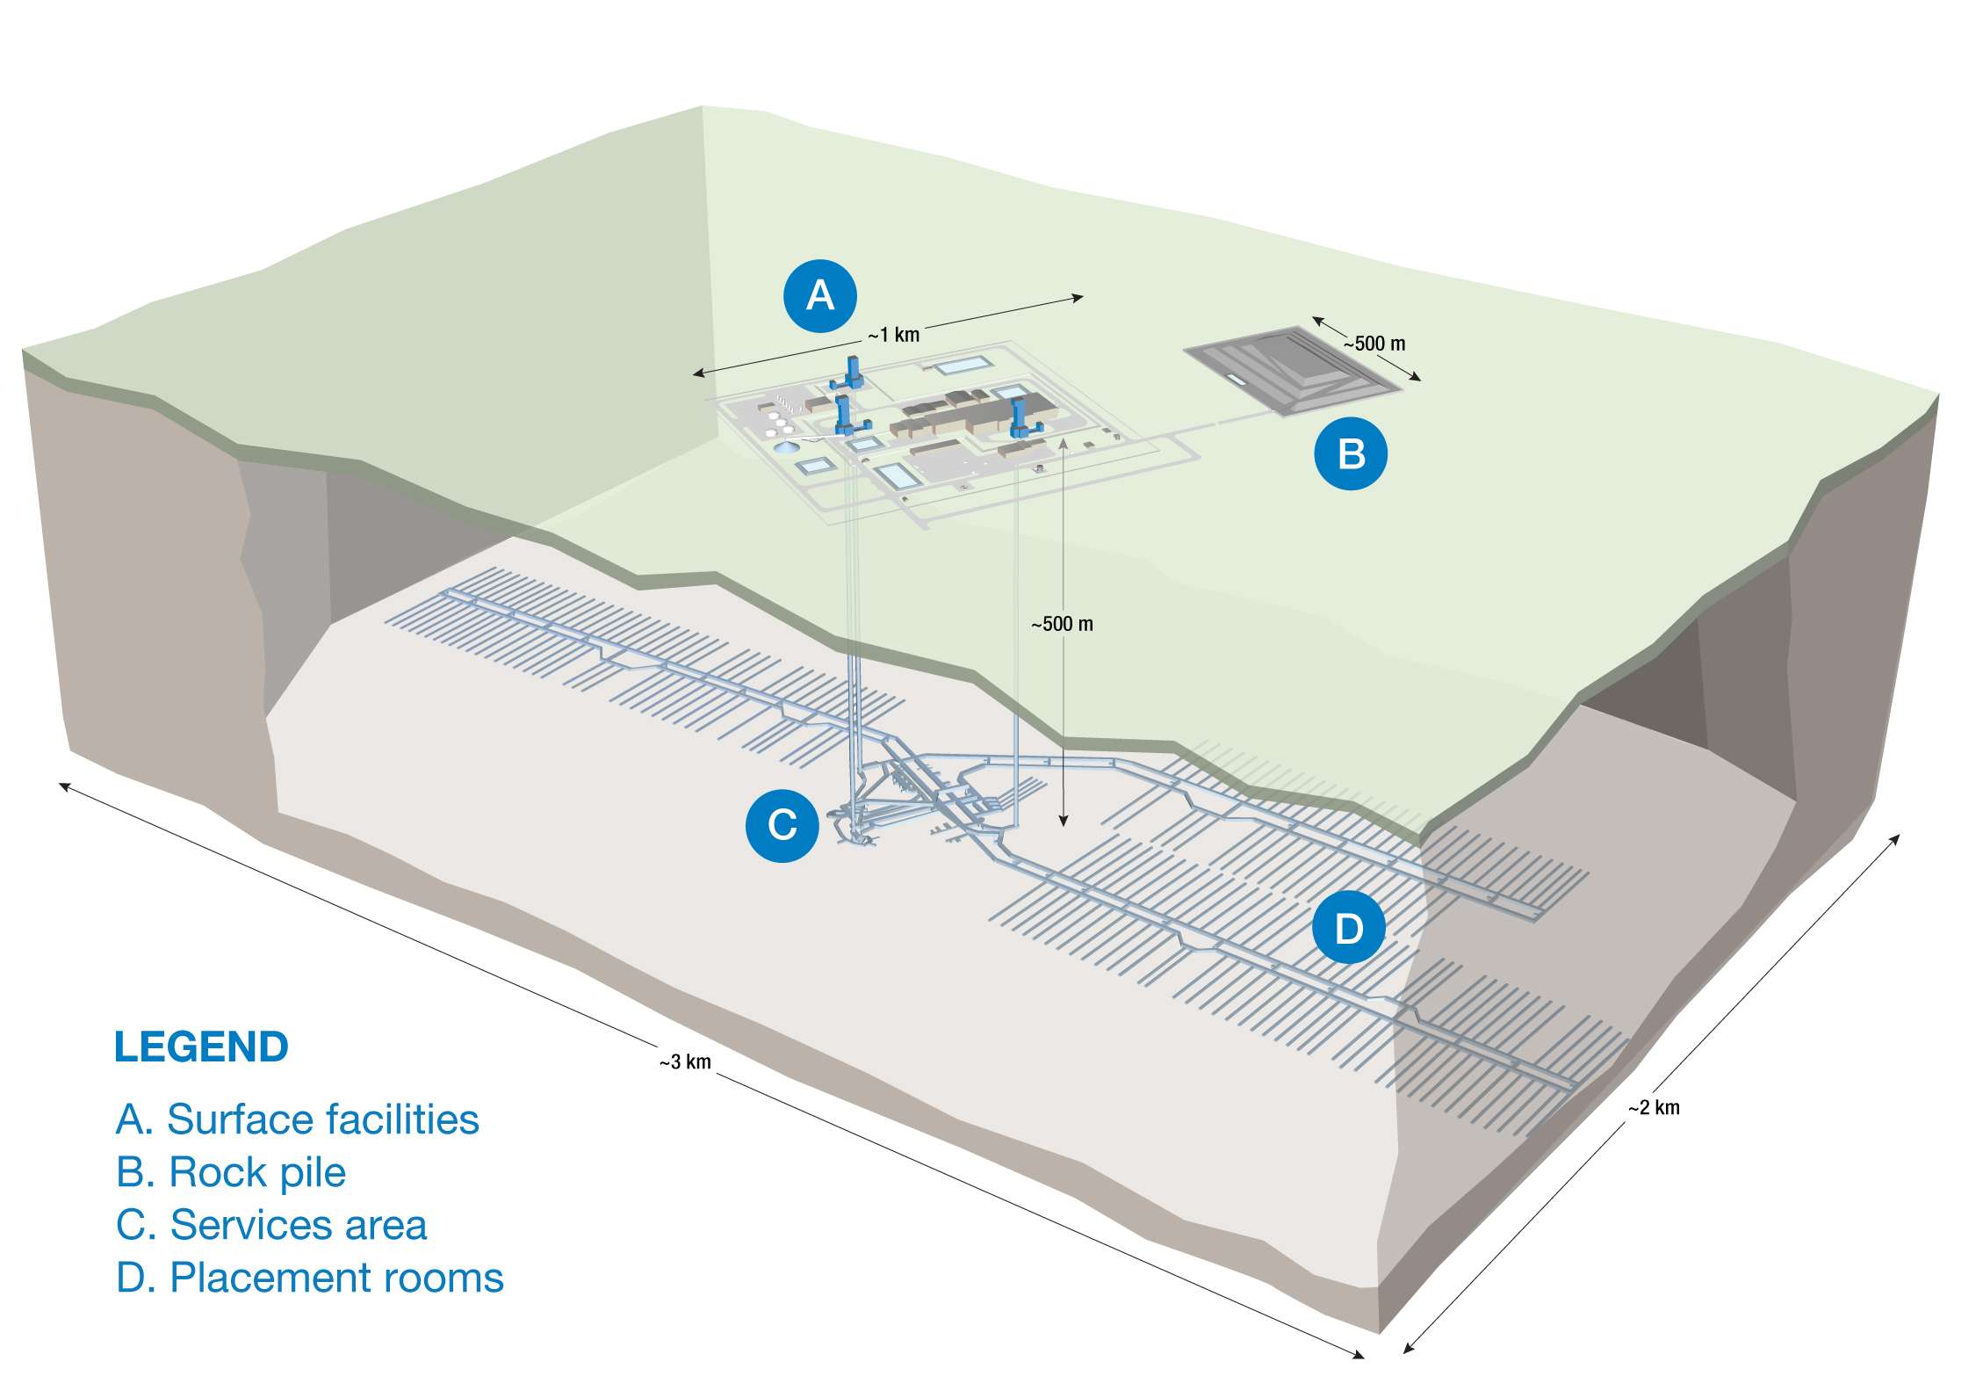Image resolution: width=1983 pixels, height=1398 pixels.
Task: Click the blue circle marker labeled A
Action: pyautogui.click(x=819, y=295)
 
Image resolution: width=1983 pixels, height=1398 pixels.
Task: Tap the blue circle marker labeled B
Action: pyautogui.click(x=1351, y=453)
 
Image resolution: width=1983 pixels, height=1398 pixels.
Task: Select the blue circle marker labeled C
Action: pyautogui.click(x=782, y=825)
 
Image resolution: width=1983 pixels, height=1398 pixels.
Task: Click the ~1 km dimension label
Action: pyautogui.click(x=894, y=335)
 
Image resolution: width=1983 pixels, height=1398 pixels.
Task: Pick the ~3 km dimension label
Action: pyautogui.click(x=685, y=1062)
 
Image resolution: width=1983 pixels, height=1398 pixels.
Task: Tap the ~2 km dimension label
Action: pyautogui.click(x=1654, y=1108)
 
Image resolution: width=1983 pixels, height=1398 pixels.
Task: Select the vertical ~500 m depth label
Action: pyautogui.click(x=1062, y=625)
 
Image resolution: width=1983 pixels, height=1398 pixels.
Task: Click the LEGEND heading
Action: pyautogui.click(x=201, y=1047)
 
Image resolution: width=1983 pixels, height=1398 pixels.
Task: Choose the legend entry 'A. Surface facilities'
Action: pyautogui.click(x=297, y=1119)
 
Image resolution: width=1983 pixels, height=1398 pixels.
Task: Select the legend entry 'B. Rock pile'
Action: pyautogui.click(x=231, y=1172)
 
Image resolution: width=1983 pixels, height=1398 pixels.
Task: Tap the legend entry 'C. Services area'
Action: pyautogui.click(x=271, y=1225)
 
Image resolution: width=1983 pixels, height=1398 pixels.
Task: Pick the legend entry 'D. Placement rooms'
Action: pyautogui.click(x=309, y=1278)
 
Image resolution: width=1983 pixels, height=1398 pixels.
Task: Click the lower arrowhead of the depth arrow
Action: pyautogui.click(x=1064, y=821)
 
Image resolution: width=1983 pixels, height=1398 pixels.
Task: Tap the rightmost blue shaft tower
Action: pyautogui.click(x=1020, y=419)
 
